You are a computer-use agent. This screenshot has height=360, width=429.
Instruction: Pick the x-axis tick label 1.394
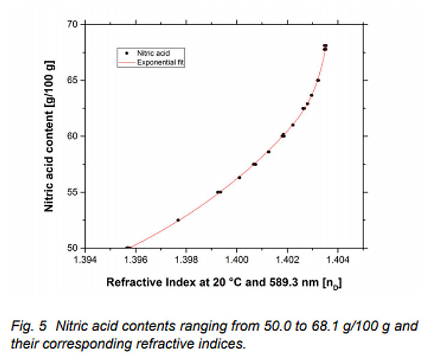85,260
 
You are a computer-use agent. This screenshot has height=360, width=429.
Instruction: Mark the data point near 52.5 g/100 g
178,220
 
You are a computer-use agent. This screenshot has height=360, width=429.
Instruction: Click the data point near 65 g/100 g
318,80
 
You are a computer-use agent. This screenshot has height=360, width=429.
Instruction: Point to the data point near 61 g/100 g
293,125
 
